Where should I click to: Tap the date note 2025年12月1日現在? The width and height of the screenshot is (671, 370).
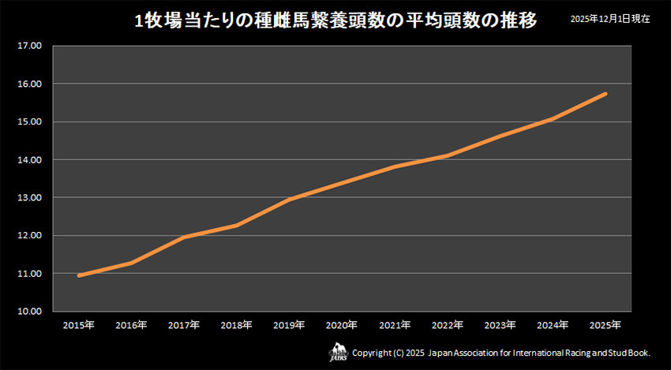pyautogui.click(x=610, y=19)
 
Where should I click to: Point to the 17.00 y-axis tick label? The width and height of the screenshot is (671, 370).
pyautogui.click(x=28, y=46)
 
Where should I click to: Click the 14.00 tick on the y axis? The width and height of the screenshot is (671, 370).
pyautogui.click(x=28, y=160)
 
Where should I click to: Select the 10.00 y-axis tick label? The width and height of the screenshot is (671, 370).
pyautogui.click(x=28, y=312)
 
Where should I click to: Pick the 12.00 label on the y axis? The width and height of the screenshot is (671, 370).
pyautogui.click(x=28, y=236)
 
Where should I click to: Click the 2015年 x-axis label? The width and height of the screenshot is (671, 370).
pyautogui.click(x=79, y=325)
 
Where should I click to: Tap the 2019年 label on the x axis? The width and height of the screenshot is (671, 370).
pyautogui.click(x=289, y=325)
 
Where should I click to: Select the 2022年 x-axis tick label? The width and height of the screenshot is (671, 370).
pyautogui.click(x=447, y=325)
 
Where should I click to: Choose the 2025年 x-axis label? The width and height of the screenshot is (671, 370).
pyautogui.click(x=605, y=325)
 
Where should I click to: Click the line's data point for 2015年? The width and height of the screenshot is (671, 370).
pyautogui.click(x=79, y=275)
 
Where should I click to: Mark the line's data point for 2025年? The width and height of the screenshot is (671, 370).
pyautogui.click(x=605, y=94)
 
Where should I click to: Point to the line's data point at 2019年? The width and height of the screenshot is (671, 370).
pyautogui.click(x=289, y=200)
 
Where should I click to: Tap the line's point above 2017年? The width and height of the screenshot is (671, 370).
pyautogui.click(x=184, y=237)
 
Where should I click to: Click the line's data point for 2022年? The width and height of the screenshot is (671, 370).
pyautogui.click(x=447, y=155)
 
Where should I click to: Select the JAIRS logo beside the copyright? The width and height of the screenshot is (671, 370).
pyautogui.click(x=338, y=351)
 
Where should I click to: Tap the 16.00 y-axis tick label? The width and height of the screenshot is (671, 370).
pyautogui.click(x=28, y=84)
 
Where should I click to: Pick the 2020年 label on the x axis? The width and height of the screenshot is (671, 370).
pyautogui.click(x=342, y=325)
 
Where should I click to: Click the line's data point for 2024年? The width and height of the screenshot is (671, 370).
pyautogui.click(x=553, y=118)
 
